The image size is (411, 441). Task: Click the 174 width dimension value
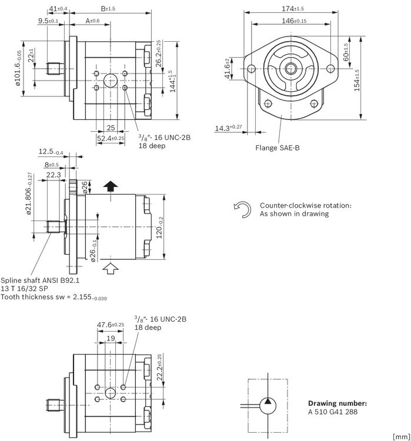(x=293, y=9)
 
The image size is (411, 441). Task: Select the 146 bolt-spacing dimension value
(x=294, y=21)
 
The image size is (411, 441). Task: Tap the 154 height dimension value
(x=357, y=81)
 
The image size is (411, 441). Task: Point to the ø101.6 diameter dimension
(x=18, y=68)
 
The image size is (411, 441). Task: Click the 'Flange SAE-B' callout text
(x=278, y=148)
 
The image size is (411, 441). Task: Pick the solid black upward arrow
(x=111, y=186)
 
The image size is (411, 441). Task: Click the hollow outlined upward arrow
(x=111, y=268)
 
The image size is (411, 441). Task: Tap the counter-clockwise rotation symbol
(x=242, y=209)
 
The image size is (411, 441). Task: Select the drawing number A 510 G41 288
(x=333, y=412)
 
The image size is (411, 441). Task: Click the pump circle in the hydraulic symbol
(x=268, y=406)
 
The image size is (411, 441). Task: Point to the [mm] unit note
(x=402, y=437)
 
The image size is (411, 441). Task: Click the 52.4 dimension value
(x=111, y=138)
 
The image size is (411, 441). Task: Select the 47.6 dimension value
(x=111, y=325)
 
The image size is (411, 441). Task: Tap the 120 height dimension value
(x=159, y=227)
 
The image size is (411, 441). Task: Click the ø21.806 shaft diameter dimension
(x=29, y=193)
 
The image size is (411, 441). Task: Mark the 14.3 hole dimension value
(x=228, y=128)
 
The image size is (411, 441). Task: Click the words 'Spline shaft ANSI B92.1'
(x=40, y=280)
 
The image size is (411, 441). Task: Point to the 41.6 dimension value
(x=228, y=69)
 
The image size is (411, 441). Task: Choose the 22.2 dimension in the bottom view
(x=159, y=367)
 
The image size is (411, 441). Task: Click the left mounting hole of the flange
(x=251, y=69)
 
